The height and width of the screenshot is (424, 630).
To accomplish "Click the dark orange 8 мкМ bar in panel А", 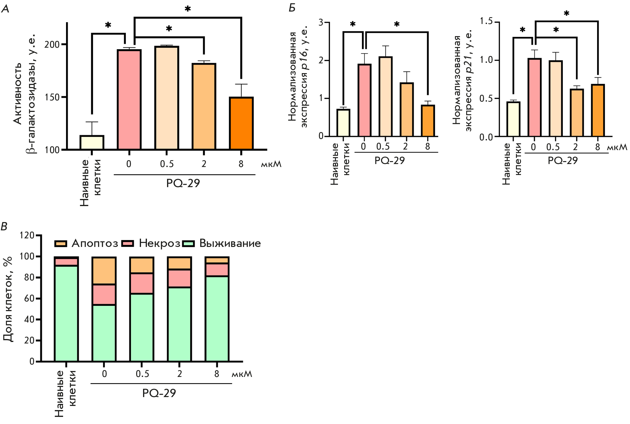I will tap(241, 123).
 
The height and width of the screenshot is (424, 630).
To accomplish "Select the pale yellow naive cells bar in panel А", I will tap(92, 142).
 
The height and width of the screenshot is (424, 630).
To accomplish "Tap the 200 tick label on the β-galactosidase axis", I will tap(52, 45).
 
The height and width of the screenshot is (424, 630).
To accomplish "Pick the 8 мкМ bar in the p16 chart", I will tap(428, 121).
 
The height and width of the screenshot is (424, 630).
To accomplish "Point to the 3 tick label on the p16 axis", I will tap(321, 23).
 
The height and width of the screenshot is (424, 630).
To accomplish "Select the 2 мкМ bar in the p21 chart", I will tap(577, 113).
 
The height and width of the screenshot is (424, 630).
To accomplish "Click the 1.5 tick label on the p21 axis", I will tap(486, 21).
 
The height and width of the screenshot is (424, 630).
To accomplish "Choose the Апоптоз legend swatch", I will tap(61, 244).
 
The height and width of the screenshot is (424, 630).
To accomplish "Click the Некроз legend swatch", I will tap(128, 244).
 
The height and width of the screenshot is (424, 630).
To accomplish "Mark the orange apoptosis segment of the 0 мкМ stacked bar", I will tap(104, 271).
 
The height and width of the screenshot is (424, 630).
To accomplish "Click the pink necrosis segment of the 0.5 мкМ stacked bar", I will tap(142, 283).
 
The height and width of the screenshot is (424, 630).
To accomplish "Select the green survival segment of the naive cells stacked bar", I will tap(66, 313).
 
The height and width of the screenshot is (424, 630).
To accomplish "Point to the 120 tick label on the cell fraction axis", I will tap(27, 235).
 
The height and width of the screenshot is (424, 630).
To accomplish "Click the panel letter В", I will tap(4, 227).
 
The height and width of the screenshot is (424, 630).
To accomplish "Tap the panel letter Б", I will tap(292, 8).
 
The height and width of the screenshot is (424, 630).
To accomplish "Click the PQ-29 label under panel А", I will tap(183, 183).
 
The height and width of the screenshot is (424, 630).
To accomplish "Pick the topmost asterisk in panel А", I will tap(187, 9).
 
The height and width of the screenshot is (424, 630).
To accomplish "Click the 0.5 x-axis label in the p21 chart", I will tap(553, 147).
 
